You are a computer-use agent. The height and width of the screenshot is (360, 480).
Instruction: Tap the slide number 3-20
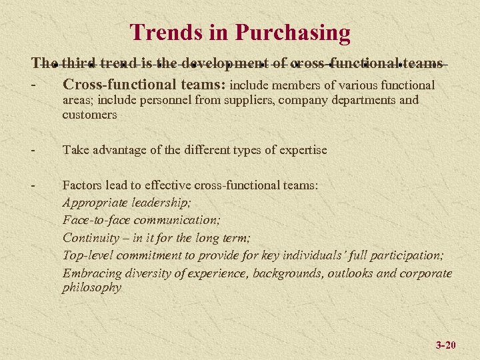[445, 345]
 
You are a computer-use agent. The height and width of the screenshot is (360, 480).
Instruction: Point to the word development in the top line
[227, 64]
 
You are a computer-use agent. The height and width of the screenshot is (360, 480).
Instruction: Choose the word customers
[89, 115]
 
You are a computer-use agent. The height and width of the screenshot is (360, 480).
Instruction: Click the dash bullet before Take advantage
[33, 150]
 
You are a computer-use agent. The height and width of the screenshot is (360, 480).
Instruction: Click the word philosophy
[92, 288]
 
